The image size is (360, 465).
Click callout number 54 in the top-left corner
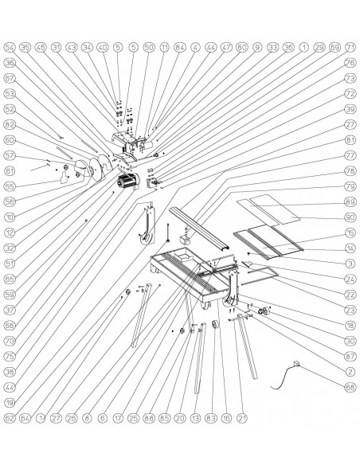click(x=10, y=47)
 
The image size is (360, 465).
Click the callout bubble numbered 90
click(x=349, y=217)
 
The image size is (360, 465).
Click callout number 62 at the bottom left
click(x=10, y=416)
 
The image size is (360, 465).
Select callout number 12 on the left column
click(x=10, y=232)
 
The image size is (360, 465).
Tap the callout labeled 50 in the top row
click(x=149, y=47)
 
